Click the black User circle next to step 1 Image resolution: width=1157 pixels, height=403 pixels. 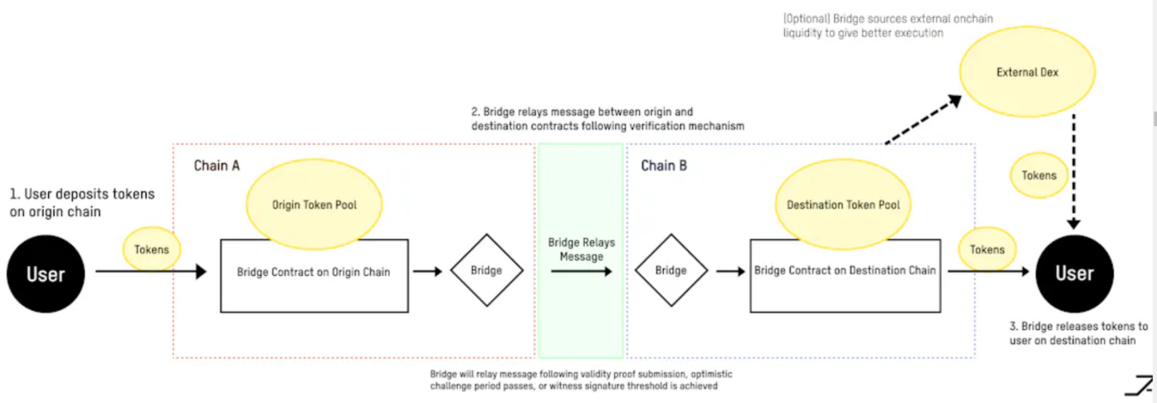click(x=45, y=274)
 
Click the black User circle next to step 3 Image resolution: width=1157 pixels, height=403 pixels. click(x=1074, y=273)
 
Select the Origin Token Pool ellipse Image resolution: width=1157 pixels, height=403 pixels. click(x=314, y=204)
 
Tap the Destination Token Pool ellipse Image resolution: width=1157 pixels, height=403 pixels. click(x=843, y=204)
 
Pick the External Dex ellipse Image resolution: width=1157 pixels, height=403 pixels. click(x=1027, y=72)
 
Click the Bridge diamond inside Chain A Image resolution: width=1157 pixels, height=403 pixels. click(x=487, y=270)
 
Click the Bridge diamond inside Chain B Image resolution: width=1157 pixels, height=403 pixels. click(x=671, y=270)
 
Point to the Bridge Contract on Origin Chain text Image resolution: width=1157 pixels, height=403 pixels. click(x=313, y=272)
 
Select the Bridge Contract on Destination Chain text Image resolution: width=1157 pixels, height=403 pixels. click(x=845, y=270)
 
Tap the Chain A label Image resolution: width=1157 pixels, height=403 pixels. click(x=216, y=166)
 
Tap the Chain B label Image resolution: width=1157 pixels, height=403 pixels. click(x=664, y=166)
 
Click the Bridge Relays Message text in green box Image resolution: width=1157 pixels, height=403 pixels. click(x=582, y=249)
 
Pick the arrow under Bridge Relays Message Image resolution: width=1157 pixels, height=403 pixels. click(x=581, y=272)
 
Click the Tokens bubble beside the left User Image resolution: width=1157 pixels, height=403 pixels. click(x=151, y=249)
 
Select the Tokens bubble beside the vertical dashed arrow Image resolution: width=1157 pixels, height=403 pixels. click(x=1038, y=175)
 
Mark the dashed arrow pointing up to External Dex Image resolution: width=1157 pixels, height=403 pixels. click(x=924, y=120)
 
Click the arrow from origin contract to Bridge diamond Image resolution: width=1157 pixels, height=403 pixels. click(x=428, y=272)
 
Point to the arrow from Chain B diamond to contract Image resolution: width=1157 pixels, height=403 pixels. click(x=730, y=272)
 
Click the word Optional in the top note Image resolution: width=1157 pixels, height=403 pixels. click(x=807, y=19)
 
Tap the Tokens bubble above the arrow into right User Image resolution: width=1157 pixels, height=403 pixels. click(x=986, y=249)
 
